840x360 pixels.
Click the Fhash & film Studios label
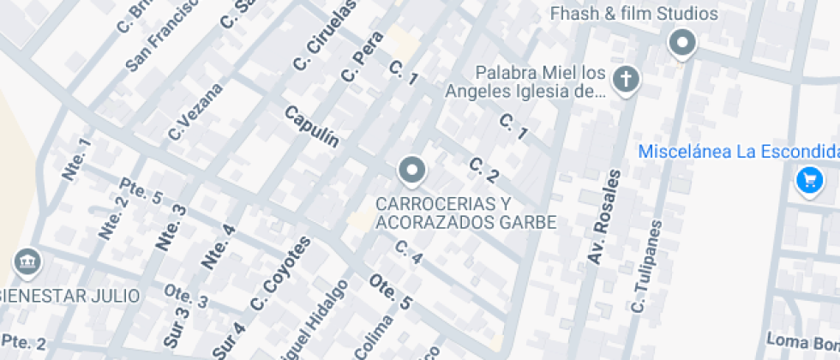point(633,14)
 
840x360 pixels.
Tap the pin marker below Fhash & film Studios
point(682,43)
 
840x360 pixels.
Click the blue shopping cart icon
point(809,180)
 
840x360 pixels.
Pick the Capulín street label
point(312,126)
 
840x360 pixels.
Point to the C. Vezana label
point(195,111)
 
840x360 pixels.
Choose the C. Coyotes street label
point(280,273)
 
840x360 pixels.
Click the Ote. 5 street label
point(391,291)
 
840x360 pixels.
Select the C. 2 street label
point(484,171)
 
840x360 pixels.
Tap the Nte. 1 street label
point(76,159)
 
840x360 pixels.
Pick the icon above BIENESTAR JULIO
point(27,261)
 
